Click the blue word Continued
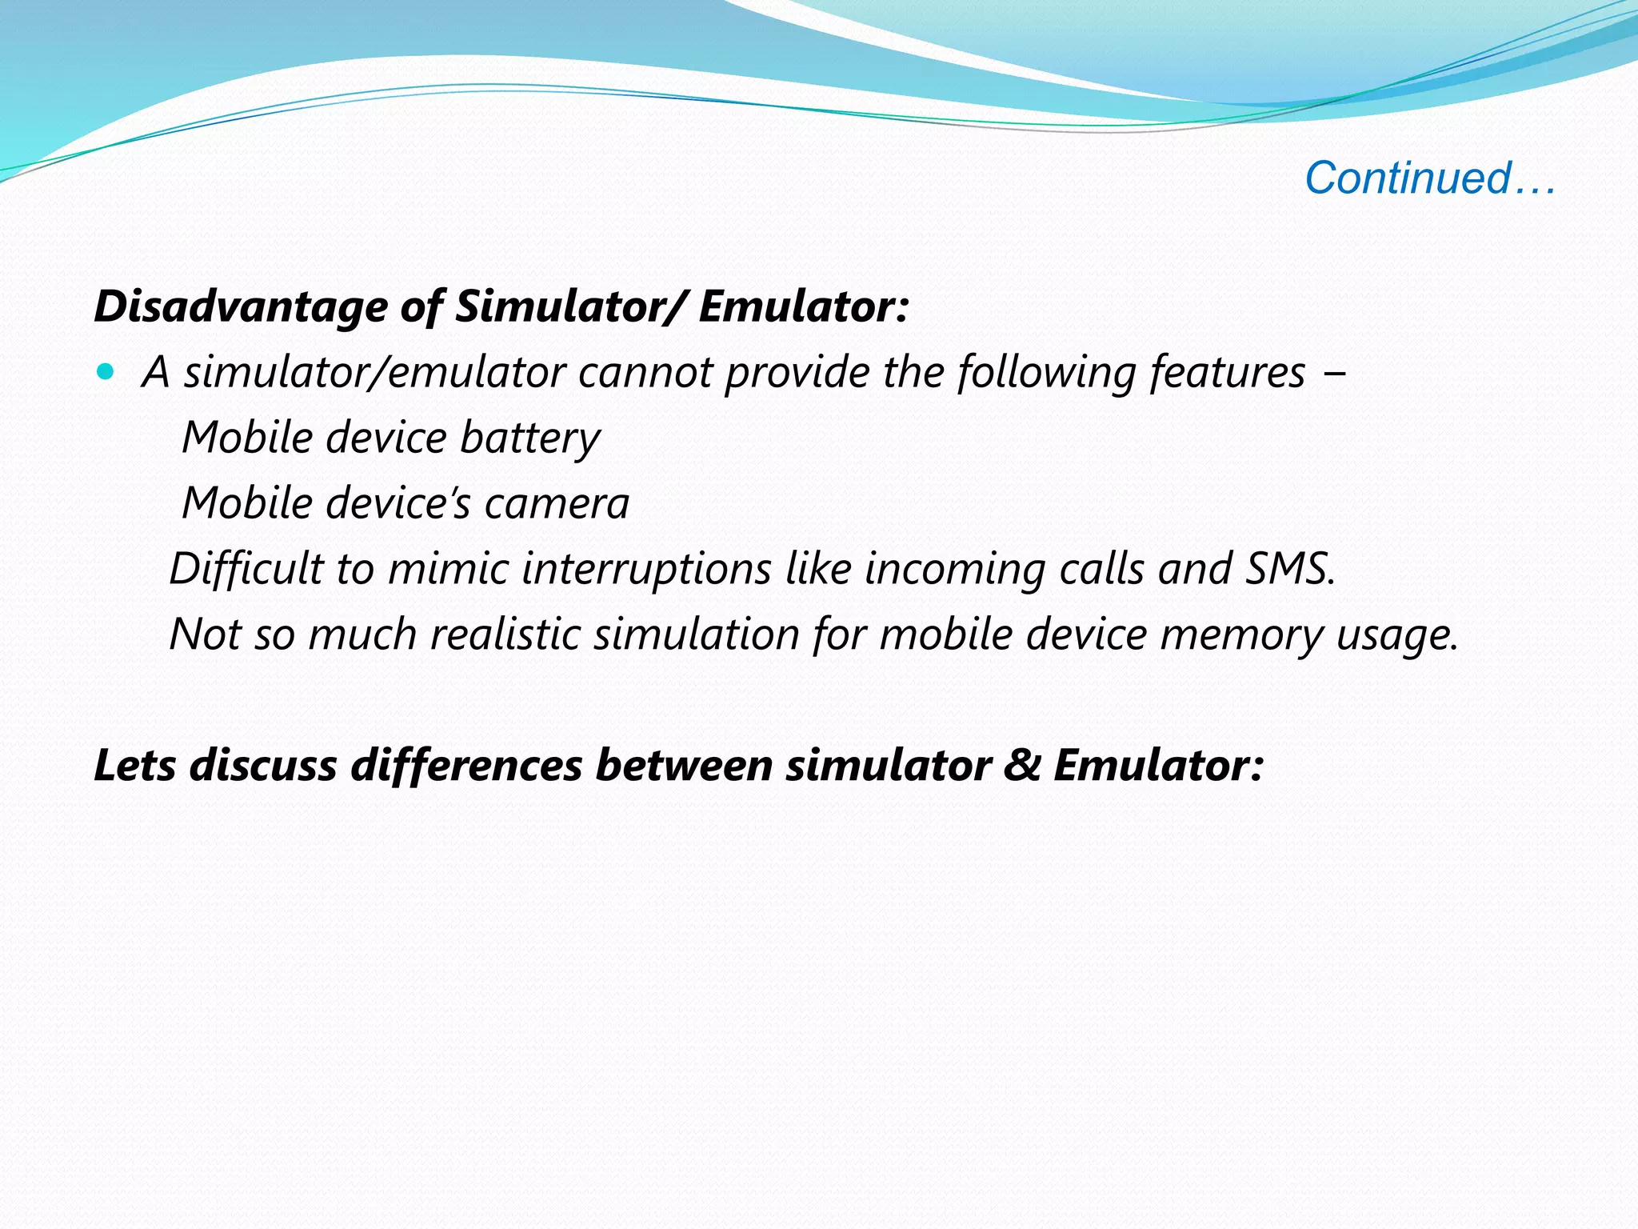1408,178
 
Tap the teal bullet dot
105,371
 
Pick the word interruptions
647,569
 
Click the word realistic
505,635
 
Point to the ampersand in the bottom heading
1021,765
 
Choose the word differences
466,765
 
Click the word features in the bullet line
1227,373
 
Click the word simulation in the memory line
696,635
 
